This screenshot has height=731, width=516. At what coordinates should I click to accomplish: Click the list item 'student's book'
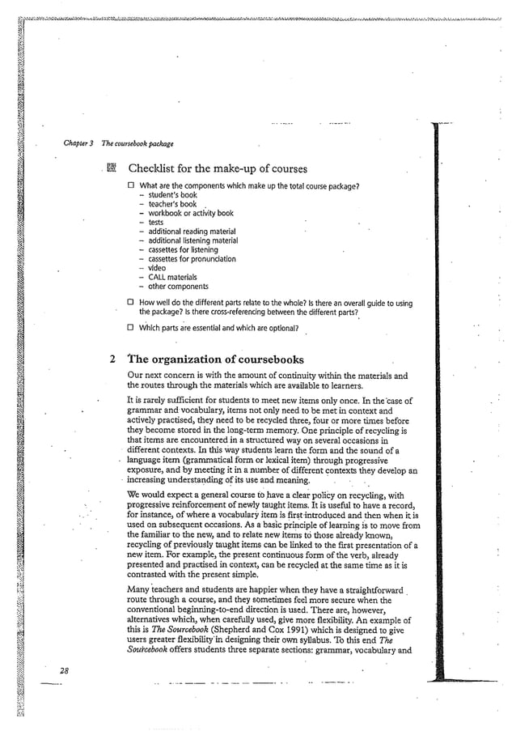173,195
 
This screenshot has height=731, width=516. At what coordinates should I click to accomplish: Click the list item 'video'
157,268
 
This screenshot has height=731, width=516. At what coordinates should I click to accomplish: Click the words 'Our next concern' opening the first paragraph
155,376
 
